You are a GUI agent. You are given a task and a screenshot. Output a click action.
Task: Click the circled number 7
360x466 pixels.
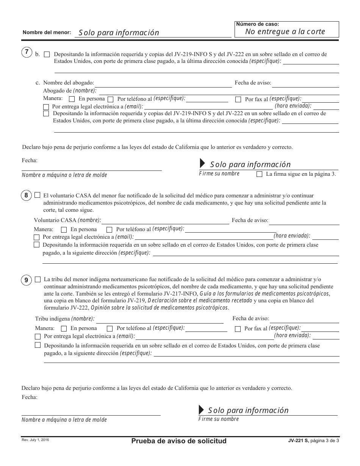click(x=27, y=53)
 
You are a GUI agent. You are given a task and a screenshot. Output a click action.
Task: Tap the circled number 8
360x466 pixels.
click(x=26, y=195)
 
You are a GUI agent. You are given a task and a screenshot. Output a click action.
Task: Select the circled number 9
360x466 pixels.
click(x=26, y=280)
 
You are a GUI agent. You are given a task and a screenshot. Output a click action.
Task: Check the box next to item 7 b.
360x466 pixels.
click(x=47, y=55)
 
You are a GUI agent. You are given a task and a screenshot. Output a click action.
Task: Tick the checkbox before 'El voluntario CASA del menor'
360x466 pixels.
click(x=37, y=195)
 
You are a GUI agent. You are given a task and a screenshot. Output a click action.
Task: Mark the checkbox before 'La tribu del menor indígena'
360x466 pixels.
click(x=38, y=279)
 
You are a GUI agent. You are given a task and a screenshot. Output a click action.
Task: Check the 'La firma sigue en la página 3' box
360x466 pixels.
click(x=259, y=174)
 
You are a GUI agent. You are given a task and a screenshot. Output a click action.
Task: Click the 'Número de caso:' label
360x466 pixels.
click(x=252, y=24)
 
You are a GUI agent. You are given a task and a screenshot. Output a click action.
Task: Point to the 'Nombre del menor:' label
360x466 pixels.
click(x=47, y=33)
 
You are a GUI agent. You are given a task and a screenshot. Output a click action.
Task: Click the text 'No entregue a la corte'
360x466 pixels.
click(x=285, y=32)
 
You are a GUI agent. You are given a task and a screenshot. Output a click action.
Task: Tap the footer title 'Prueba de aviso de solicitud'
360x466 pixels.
click(x=179, y=441)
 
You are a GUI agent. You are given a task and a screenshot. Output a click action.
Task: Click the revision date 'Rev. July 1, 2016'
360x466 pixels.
click(x=35, y=439)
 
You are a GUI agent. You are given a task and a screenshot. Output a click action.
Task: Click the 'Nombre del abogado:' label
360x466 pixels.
click(x=69, y=83)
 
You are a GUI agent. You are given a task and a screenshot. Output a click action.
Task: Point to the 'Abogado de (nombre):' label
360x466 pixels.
click(x=70, y=91)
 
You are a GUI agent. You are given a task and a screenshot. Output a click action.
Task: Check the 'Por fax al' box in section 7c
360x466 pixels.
click(x=238, y=100)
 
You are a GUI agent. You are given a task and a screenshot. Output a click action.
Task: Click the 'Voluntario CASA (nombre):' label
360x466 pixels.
click(x=67, y=220)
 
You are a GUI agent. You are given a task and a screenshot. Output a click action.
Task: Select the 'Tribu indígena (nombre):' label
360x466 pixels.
click(x=65, y=319)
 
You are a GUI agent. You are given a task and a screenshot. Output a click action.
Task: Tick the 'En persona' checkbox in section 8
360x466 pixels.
click(x=64, y=230)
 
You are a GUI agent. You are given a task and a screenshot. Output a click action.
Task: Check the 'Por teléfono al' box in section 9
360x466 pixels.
click(x=110, y=328)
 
